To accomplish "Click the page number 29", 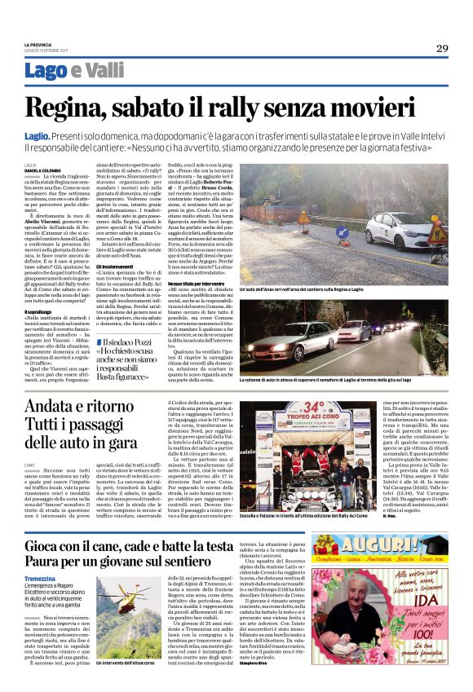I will point(441,48).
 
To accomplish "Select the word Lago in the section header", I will point(46,72).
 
